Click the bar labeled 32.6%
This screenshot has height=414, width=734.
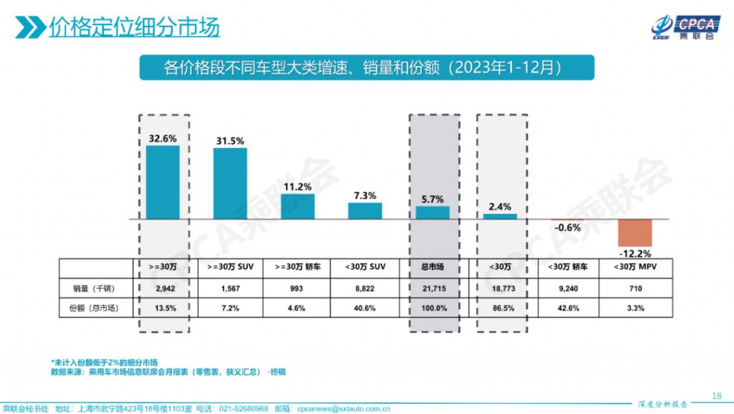[x=163, y=182]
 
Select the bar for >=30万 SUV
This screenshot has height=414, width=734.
[x=229, y=183]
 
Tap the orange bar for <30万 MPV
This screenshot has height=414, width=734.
[x=635, y=232]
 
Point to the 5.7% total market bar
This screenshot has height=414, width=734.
[x=433, y=212]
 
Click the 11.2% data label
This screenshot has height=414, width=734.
[x=297, y=187]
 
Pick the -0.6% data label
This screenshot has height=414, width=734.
[x=567, y=227]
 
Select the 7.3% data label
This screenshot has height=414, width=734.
[x=365, y=195]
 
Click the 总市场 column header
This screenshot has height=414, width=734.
[x=433, y=267]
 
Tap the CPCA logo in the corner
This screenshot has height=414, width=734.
[x=685, y=27]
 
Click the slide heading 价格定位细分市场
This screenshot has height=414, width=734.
[x=134, y=27]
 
